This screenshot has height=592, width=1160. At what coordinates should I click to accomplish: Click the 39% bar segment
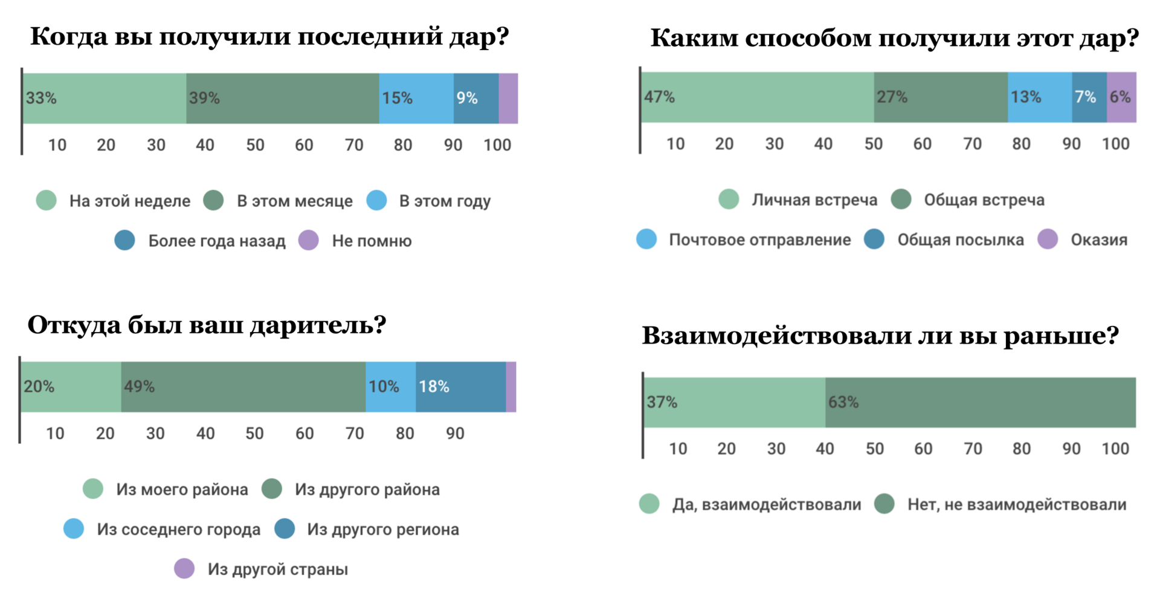[x=282, y=99]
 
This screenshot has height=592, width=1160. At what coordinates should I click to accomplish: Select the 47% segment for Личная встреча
[x=757, y=97]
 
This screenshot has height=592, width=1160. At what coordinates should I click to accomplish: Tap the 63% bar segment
[x=980, y=403]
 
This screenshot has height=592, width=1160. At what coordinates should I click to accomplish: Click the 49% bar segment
[x=243, y=387]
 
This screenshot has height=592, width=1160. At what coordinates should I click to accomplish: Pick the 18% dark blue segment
[x=460, y=387]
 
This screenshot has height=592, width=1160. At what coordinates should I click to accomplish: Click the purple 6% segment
[x=1121, y=97]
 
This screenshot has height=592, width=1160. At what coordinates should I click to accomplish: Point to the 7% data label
[x=1086, y=97]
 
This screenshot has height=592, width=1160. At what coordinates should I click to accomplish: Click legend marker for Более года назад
[x=125, y=240]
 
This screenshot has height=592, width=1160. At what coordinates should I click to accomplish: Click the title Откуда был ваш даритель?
[x=207, y=325]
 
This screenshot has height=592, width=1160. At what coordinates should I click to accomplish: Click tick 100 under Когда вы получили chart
[x=497, y=145]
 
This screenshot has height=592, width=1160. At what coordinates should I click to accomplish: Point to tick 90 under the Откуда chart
[x=455, y=434]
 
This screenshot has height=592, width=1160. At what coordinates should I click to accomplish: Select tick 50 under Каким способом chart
[x=873, y=144]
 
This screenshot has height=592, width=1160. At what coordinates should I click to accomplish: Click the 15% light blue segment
[x=416, y=99]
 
